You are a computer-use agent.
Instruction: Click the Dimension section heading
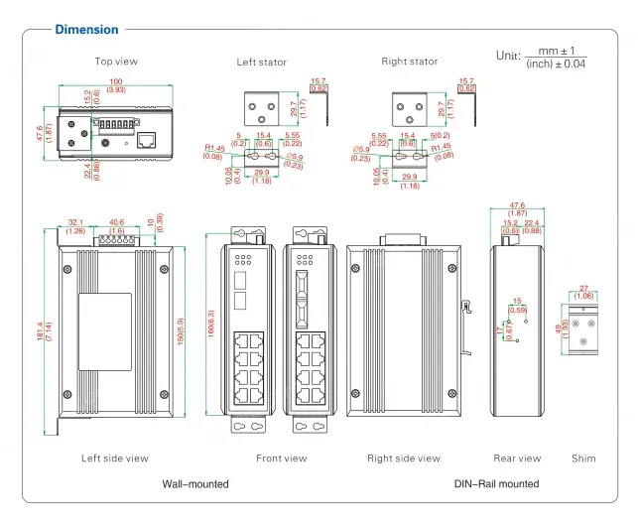coord(86,30)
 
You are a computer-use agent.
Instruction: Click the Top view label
coord(116,62)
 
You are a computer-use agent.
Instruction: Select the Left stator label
coord(261,62)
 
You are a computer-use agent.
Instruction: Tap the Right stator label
coord(409,62)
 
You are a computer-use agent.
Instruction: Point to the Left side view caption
coord(115,458)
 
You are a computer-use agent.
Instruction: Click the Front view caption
coord(281,458)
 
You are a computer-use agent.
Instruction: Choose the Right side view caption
coord(403,458)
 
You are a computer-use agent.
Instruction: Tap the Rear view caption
coord(517,458)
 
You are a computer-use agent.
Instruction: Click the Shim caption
coord(584,458)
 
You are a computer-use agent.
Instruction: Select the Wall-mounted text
coord(195,484)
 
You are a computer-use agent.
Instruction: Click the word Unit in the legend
coord(507,56)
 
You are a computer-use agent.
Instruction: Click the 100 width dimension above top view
coord(116,81)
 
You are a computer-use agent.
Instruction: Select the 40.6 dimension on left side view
coord(116,222)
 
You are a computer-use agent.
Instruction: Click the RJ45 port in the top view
coord(146,140)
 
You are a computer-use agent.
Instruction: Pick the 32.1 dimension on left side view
coord(74,222)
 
